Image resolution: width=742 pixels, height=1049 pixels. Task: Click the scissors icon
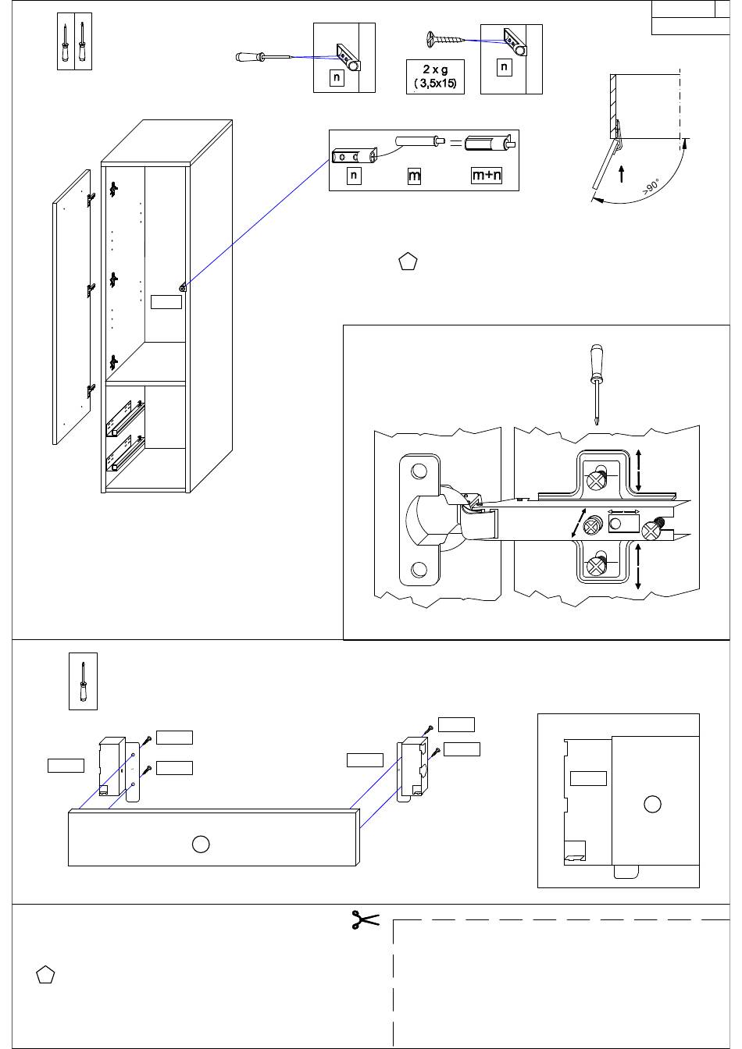point(365,919)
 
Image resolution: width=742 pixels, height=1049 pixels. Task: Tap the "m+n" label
point(486,175)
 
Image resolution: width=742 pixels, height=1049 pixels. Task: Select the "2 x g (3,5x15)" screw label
point(435,76)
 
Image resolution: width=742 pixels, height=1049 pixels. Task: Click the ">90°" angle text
point(651,187)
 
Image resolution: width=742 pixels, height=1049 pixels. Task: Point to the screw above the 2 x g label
point(445,38)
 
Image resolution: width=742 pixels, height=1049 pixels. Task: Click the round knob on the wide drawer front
point(201,844)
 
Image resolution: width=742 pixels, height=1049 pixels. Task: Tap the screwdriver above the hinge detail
point(596,385)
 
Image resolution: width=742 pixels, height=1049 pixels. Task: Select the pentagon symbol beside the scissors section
point(45,975)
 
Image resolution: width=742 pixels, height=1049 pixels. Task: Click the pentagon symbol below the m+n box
point(408,261)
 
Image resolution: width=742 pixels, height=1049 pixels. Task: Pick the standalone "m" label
point(414,176)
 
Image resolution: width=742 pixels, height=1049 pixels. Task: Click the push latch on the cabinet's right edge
point(182,287)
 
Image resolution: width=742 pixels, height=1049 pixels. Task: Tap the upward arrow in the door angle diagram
point(622,173)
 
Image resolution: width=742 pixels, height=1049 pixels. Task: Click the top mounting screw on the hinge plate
point(596,480)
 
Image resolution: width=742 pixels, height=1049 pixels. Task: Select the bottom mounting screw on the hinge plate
point(595,567)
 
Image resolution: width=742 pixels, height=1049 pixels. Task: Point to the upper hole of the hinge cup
point(419,471)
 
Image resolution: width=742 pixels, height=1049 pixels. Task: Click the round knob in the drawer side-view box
point(652,804)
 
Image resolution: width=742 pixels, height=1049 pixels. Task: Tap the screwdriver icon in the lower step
point(83,681)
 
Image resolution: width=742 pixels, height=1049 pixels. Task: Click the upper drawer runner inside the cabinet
point(125,418)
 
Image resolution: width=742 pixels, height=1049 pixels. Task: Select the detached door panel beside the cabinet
point(71,307)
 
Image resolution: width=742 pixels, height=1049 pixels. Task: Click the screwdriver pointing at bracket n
point(262,57)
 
